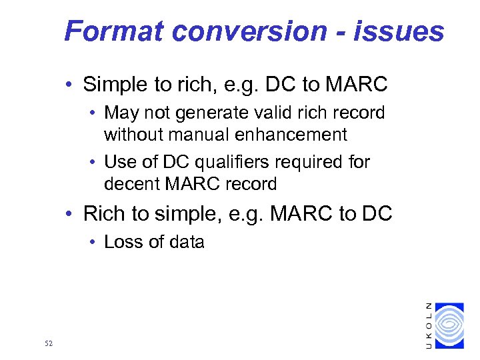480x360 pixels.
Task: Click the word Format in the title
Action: (x=107, y=31)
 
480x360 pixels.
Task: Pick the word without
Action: (x=134, y=135)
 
